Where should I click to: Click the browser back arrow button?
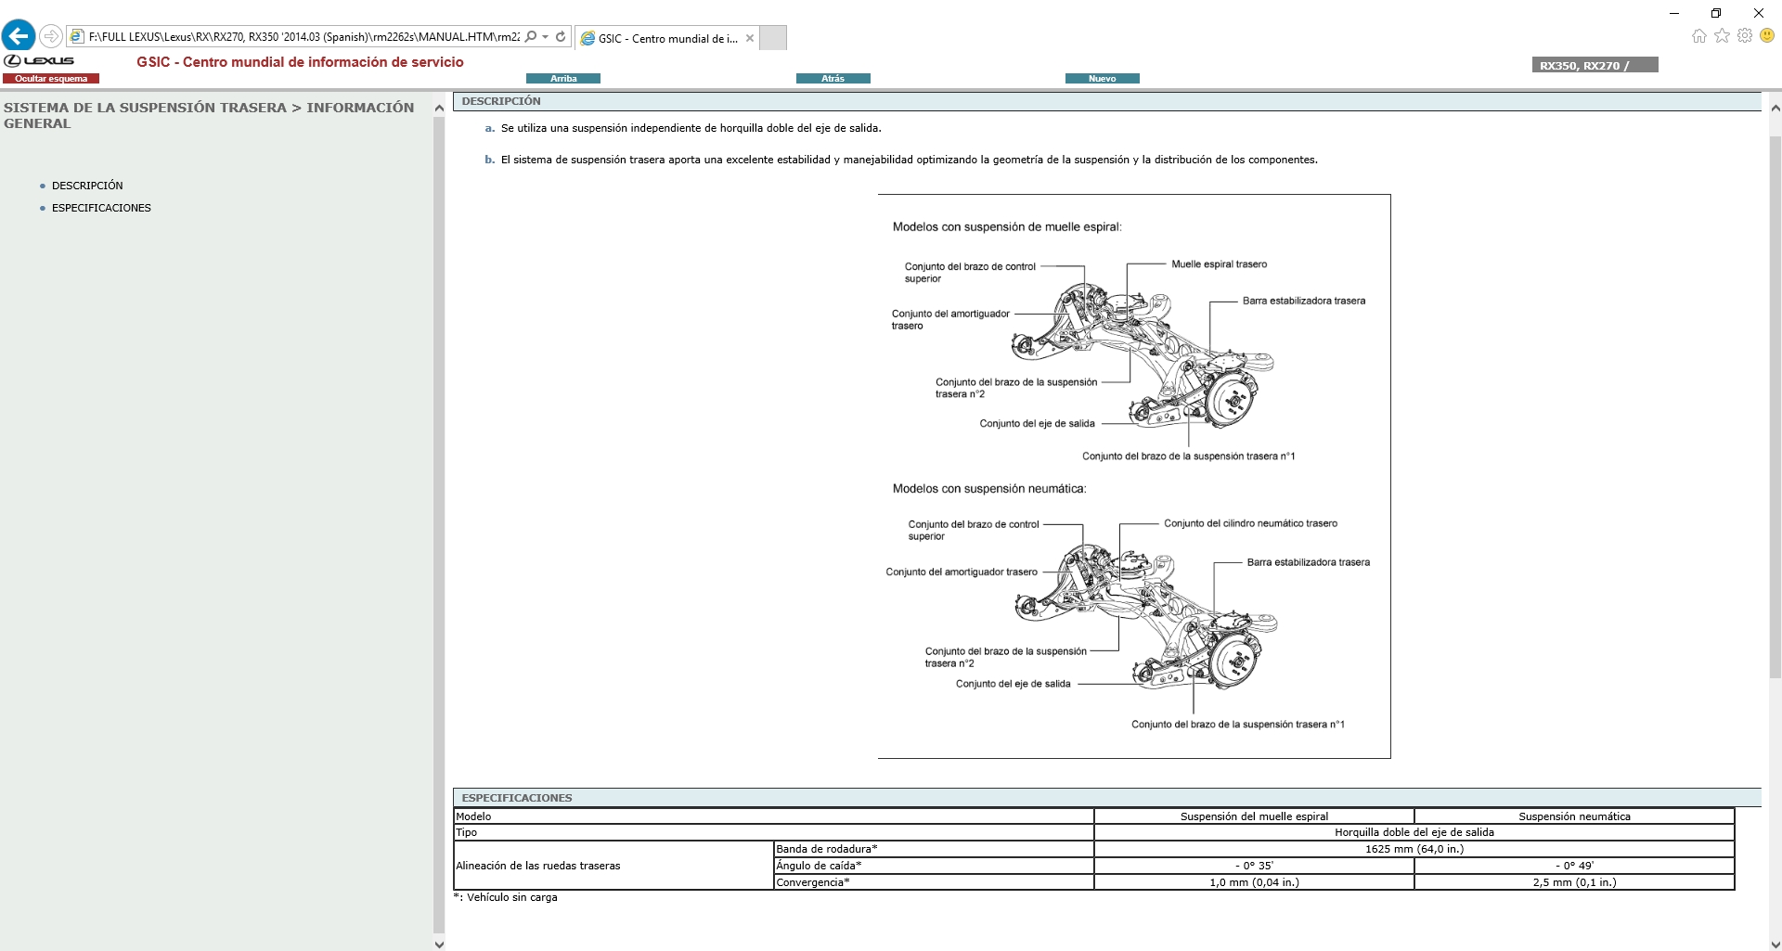click(19, 36)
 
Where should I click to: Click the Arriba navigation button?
click(562, 79)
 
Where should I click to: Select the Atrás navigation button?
click(833, 79)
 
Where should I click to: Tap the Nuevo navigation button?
click(1102, 79)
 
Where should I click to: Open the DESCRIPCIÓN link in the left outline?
click(87, 186)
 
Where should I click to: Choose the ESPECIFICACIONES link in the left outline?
click(101, 208)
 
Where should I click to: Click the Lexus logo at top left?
click(39, 61)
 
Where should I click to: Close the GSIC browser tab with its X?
click(750, 38)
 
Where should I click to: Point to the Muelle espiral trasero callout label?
click(1219, 264)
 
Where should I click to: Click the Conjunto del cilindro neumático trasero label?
click(1250, 523)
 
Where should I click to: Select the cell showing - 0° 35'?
click(1254, 866)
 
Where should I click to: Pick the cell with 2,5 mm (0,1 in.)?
click(1574, 882)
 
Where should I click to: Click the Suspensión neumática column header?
click(1574, 816)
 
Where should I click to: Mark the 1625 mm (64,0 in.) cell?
click(1414, 849)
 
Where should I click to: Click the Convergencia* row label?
click(813, 882)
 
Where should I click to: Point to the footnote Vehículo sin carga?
click(511, 897)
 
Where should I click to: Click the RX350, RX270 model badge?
click(1594, 65)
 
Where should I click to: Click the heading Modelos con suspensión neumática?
click(988, 489)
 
